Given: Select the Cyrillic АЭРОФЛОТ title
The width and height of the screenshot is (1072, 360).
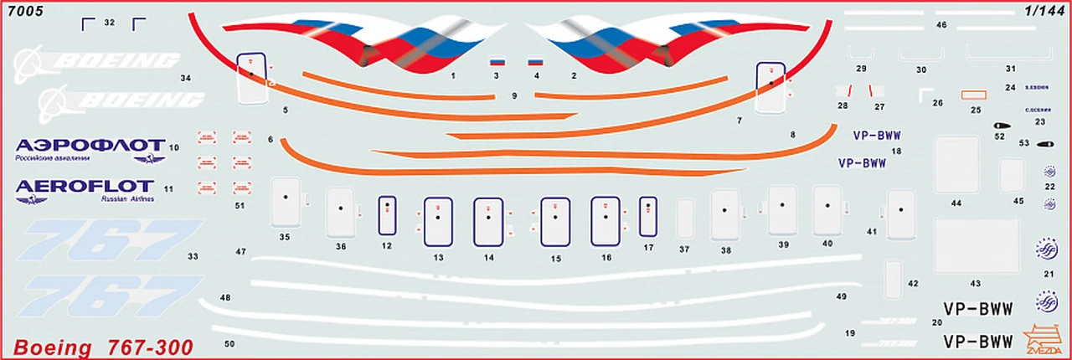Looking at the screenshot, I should click(91, 145).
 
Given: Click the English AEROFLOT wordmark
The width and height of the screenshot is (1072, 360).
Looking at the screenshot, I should click(85, 186).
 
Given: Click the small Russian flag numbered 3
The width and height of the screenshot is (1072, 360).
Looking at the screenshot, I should click(497, 62).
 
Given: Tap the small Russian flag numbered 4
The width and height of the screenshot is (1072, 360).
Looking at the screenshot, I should click(535, 62).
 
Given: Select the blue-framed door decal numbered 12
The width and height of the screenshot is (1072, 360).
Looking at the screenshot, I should click(386, 216).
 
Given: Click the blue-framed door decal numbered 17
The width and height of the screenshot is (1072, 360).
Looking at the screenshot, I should click(647, 216).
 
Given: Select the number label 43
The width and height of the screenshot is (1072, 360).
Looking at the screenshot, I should click(975, 284).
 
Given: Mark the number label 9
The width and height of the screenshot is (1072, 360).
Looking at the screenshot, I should click(514, 95).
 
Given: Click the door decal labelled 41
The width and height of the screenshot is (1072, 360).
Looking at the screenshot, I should click(902, 213).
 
